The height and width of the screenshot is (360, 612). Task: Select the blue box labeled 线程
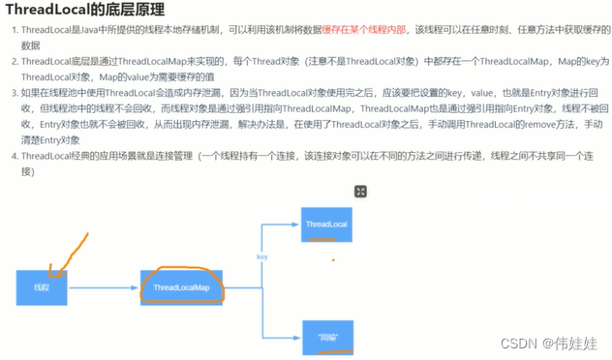[x=41, y=287]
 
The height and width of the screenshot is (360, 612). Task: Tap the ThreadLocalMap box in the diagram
[x=181, y=287]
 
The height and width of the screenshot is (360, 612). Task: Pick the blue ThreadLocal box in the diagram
[x=326, y=225]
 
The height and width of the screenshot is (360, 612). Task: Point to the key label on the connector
[x=261, y=256]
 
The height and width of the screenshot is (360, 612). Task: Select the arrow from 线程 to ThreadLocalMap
[x=102, y=287]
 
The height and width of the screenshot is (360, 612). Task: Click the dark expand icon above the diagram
[x=359, y=192]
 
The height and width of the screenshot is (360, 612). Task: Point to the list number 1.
[x=14, y=31]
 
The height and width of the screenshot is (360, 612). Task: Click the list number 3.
[x=14, y=93]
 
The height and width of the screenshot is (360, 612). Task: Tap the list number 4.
[x=14, y=155]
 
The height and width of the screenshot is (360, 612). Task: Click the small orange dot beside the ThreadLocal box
[x=333, y=259]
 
